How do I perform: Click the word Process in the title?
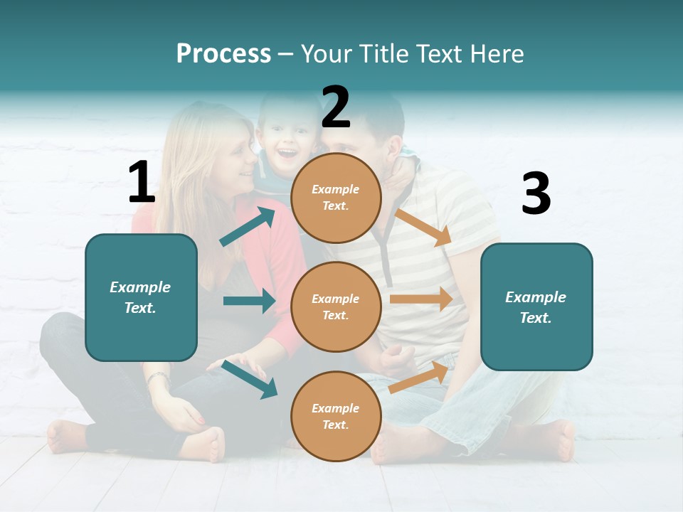click(223, 54)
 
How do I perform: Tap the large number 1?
click(142, 182)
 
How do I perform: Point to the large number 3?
click(536, 194)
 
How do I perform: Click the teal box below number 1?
click(141, 297)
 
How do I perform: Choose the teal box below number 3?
click(536, 306)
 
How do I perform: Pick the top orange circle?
click(336, 198)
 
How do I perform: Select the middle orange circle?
click(336, 306)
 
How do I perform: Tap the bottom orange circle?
click(336, 416)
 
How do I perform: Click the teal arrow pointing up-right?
click(247, 227)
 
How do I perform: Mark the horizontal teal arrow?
click(249, 301)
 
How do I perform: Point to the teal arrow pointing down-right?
click(249, 378)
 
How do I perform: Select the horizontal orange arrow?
click(421, 299)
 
